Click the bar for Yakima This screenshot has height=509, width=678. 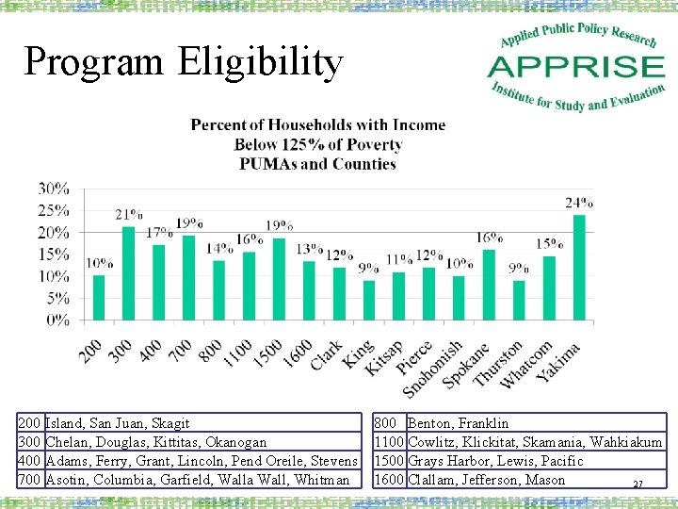[x=578, y=269]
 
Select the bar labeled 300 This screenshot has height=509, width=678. [x=128, y=273]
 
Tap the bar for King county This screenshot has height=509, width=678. [x=368, y=301]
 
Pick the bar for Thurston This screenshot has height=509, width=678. [x=519, y=301]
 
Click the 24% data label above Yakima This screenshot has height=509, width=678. [x=579, y=203]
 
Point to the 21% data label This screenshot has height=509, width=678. [x=129, y=215]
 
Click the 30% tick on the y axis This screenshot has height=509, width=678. [x=53, y=189]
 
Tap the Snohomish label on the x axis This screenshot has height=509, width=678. [x=432, y=369]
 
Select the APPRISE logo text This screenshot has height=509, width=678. [x=576, y=68]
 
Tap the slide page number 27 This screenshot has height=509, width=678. [x=638, y=484]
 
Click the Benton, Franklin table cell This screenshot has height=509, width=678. [x=459, y=423]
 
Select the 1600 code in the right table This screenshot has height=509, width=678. [x=390, y=480]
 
